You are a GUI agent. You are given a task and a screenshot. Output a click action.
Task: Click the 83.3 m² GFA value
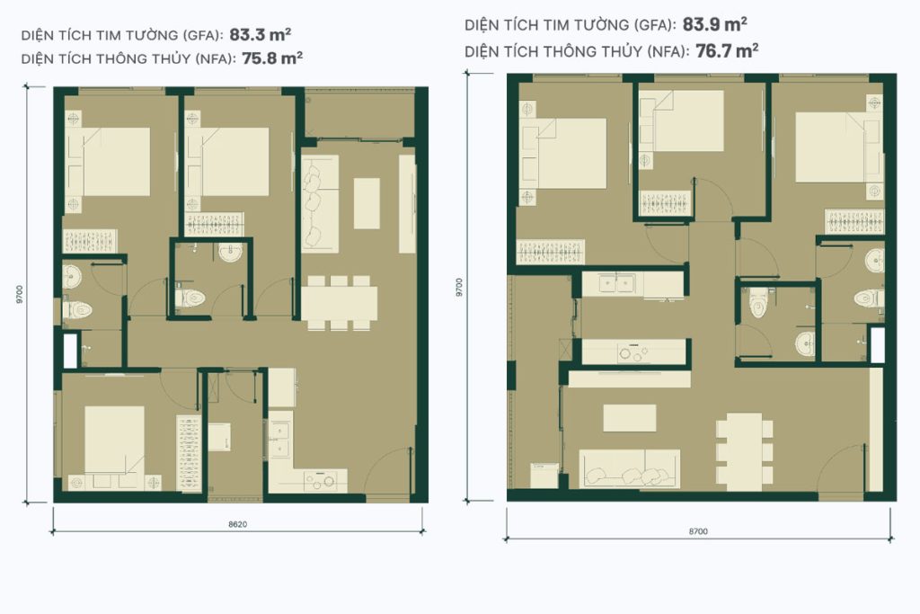click(x=261, y=35)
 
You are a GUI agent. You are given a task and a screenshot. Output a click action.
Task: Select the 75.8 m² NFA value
click(x=272, y=58)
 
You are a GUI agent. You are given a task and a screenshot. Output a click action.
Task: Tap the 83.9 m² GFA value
click(x=714, y=24)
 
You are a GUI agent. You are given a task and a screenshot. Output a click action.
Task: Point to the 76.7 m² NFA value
click(x=727, y=51)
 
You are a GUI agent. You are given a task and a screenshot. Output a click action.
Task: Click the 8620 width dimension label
click(x=237, y=524)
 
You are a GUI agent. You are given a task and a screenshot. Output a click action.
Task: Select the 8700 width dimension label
click(x=698, y=531)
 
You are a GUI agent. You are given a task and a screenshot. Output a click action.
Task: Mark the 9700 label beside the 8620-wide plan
click(x=20, y=294)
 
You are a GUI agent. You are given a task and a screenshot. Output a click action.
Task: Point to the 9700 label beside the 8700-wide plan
click(x=459, y=288)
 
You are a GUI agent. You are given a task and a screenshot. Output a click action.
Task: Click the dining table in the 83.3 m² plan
click(x=339, y=303)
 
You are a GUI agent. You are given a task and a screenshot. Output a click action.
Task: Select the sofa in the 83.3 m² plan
click(x=320, y=204)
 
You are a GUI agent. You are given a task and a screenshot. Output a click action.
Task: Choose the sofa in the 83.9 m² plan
click(x=630, y=469)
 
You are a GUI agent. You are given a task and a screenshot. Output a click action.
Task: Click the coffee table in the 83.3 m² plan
click(x=367, y=204)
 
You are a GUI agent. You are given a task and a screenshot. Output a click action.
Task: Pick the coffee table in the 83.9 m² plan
click(x=630, y=418)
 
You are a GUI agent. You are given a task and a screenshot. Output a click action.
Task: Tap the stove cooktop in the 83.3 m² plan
click(x=319, y=480)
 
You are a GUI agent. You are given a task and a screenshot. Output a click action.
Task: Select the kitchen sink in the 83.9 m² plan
click(x=615, y=284)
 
